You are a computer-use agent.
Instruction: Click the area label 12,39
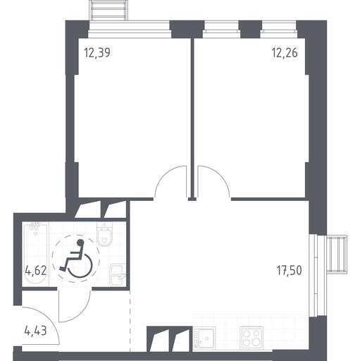point(97,53)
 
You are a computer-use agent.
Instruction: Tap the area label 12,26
point(285,53)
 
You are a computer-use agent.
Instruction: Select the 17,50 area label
point(289,271)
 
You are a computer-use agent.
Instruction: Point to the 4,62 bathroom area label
point(35,271)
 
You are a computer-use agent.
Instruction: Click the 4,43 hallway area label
point(35,331)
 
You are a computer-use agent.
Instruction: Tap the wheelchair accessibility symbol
point(76,259)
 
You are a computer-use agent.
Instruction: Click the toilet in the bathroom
point(104,234)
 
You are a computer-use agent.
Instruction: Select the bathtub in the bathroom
point(35,254)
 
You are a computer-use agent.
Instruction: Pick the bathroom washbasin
point(118,275)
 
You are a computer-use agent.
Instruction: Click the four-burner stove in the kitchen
point(252,338)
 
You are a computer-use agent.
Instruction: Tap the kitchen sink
point(204,338)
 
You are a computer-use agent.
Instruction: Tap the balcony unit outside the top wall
point(108,11)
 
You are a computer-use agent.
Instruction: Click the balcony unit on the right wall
point(337,254)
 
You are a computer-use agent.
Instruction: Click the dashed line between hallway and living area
point(130,321)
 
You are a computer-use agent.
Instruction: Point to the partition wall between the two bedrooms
point(192,118)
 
